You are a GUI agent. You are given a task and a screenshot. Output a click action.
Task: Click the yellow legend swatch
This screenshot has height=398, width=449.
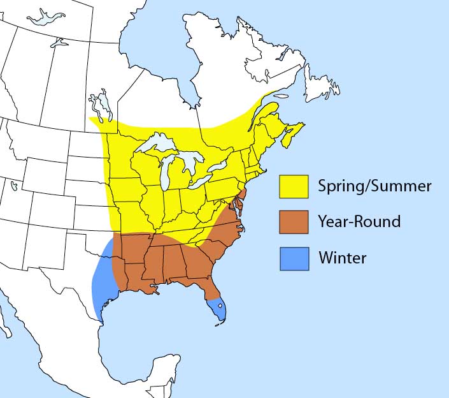coord(293,186)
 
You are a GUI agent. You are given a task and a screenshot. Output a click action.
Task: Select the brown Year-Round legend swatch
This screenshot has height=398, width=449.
coord(293,222)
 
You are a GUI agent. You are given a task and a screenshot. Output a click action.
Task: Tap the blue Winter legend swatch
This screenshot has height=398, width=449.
coord(293,258)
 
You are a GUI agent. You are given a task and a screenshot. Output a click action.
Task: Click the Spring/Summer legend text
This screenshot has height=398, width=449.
coord(374,186)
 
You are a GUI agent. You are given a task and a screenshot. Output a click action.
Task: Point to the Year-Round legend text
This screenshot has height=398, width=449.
coord(359,222)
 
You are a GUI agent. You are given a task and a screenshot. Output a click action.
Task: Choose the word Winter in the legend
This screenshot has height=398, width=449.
coord(343,258)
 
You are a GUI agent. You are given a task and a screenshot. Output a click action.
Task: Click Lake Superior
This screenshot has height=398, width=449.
coord(157,144)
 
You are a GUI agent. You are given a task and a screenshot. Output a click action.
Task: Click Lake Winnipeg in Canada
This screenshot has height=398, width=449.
coord(101,105)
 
